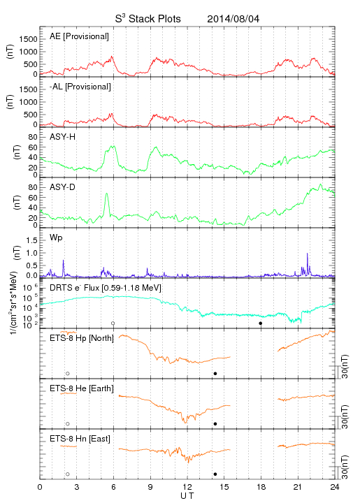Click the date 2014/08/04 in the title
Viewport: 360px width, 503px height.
[x=233, y=19]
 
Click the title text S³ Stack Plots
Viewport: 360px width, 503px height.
[x=148, y=19]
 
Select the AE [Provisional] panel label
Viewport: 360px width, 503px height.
[x=79, y=36]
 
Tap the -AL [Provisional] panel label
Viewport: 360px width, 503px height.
[x=80, y=87]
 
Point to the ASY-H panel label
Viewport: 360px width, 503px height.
[x=63, y=137]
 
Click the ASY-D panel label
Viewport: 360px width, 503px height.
[x=63, y=187]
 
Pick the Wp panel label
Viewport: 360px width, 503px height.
[x=56, y=238]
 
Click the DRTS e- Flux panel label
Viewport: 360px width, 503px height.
[x=106, y=288]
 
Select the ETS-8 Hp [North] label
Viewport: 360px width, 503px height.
[x=82, y=338]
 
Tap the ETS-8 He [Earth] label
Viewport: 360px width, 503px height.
[x=82, y=388]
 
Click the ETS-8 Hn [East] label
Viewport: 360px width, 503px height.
[x=80, y=439]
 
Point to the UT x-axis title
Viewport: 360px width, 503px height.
[x=187, y=496]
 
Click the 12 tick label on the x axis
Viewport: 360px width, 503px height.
[x=187, y=487]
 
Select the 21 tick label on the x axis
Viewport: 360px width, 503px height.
[x=298, y=487]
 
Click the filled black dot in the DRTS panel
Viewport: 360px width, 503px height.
[x=261, y=323]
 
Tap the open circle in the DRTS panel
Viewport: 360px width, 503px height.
[x=113, y=323]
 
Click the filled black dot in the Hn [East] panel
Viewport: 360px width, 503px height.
[x=215, y=474]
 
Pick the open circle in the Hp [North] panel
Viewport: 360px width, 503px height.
[x=68, y=374]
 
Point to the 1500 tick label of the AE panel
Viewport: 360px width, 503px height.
[x=29, y=39]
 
